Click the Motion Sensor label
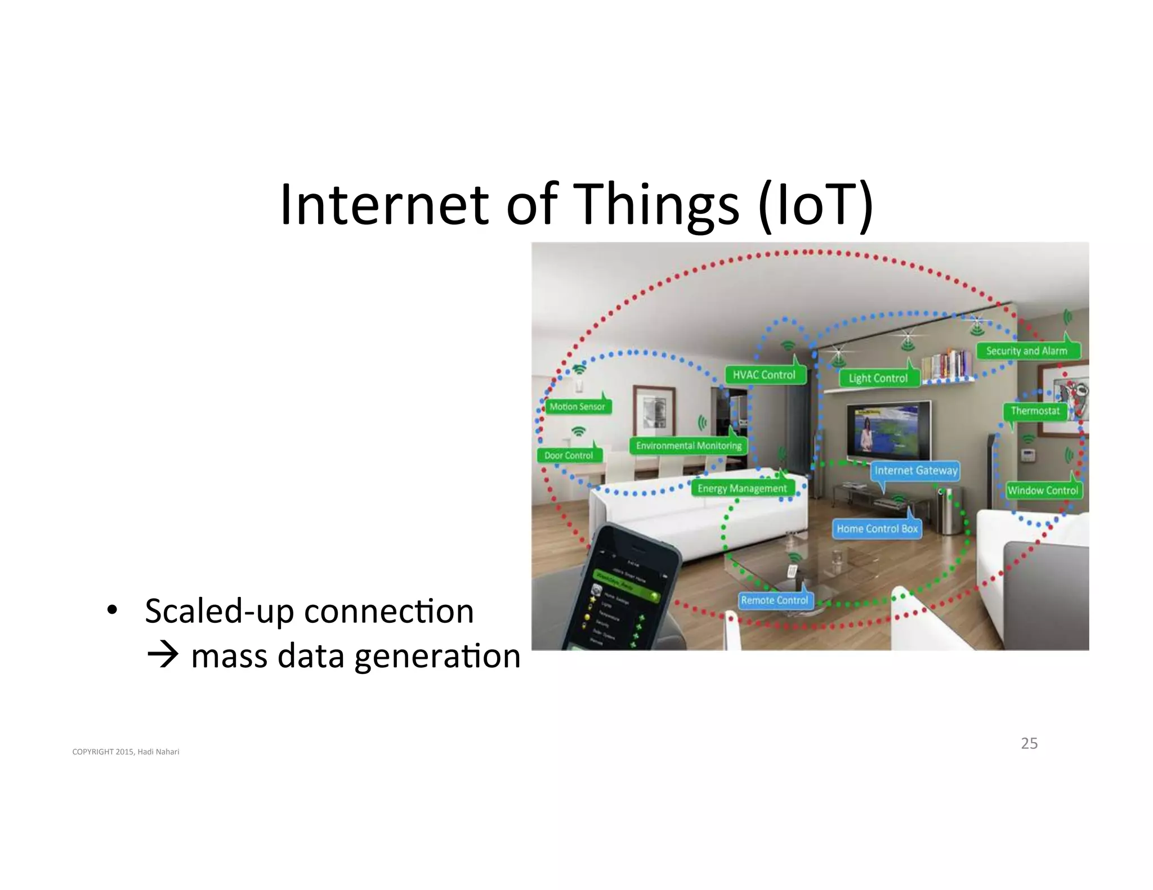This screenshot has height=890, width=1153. pos(577,407)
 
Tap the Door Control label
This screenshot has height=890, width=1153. pos(569,456)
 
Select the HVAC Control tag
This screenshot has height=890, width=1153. pos(765,375)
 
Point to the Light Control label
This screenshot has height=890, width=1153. pos(878,379)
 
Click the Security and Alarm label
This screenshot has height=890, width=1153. pos(1027,351)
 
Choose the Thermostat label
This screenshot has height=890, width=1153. pos(1035,411)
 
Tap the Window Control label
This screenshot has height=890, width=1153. pos(1043,491)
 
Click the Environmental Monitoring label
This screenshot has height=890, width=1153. pos(689,446)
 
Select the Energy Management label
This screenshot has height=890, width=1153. pos(742,489)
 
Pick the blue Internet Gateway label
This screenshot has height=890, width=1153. pos(916,471)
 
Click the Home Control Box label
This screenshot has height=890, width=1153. pos(877,529)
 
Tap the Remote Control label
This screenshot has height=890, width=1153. pos(775,601)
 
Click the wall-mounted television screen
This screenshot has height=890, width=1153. pos(887,430)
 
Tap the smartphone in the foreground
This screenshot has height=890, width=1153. pos(625,596)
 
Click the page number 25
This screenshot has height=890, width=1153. pos(1029,744)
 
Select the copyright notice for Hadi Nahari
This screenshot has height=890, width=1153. pos(126,752)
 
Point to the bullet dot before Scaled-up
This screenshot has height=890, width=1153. pos(112,610)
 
